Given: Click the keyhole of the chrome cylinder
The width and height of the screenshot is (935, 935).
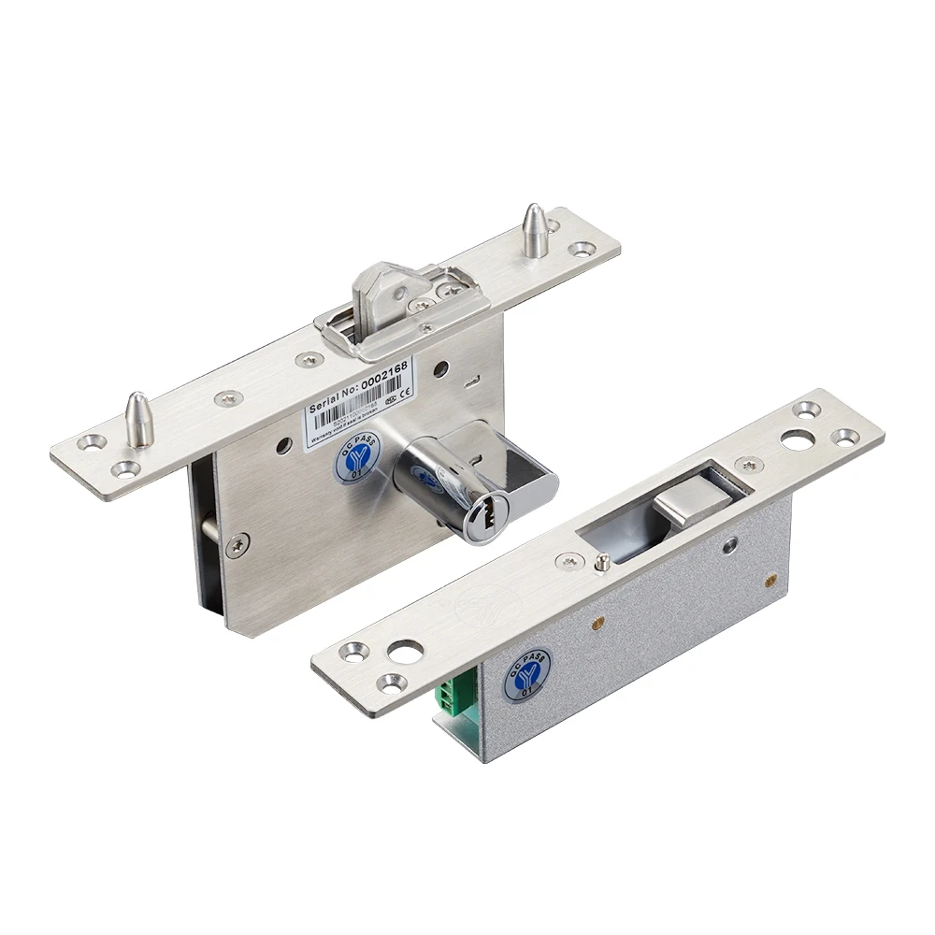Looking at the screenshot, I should pos(489,513).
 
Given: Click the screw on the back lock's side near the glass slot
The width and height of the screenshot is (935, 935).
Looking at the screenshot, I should pos(241,541).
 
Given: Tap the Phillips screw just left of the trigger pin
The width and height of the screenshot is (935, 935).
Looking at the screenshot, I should pos(568,559).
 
